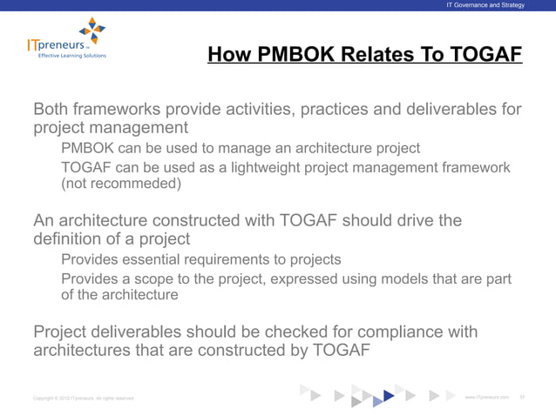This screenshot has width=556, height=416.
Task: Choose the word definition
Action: pos(68,238)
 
